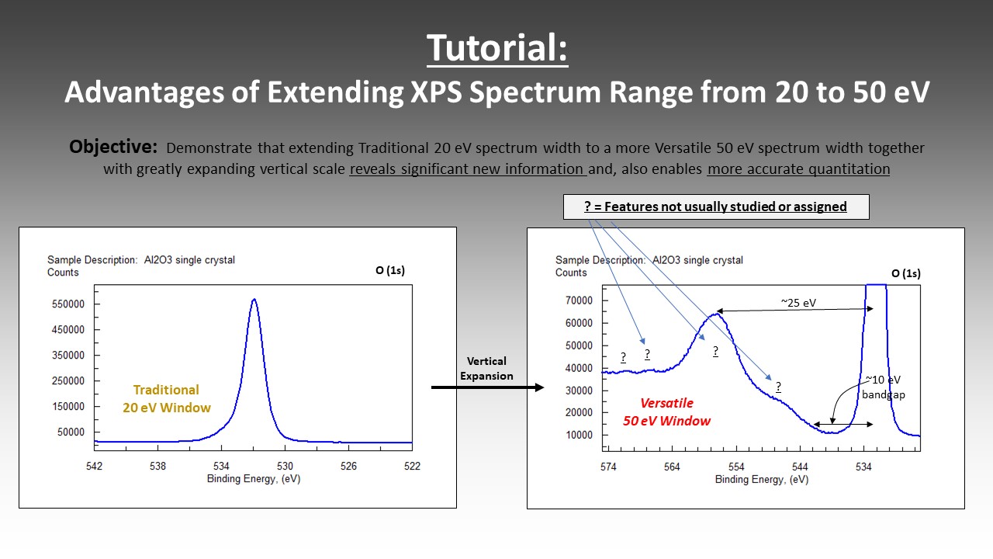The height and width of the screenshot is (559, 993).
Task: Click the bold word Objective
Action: tap(113, 147)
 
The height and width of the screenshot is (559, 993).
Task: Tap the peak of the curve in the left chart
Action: tap(254, 300)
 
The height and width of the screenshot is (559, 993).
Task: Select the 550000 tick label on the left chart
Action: tap(67, 304)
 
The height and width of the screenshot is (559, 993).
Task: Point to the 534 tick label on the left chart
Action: tap(221, 466)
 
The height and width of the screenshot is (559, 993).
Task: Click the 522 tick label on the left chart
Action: tap(412, 466)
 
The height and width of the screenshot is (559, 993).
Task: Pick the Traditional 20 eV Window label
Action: tap(167, 398)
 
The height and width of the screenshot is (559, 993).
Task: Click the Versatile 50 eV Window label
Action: tap(666, 411)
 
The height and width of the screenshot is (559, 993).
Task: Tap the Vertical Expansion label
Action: tap(486, 368)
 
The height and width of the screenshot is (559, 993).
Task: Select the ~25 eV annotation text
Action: tap(798, 303)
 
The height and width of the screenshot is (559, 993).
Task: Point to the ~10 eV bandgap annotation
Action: tap(883, 387)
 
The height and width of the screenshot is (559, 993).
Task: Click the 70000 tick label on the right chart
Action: tap(579, 300)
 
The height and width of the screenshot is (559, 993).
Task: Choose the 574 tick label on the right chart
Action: tap(608, 467)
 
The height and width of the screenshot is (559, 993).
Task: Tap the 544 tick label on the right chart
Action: tap(800, 467)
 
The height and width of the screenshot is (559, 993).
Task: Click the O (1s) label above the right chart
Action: tap(905, 273)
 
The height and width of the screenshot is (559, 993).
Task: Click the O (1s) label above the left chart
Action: tap(390, 270)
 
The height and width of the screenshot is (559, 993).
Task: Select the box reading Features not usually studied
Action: tap(716, 207)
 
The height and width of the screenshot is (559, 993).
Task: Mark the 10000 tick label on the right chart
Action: tap(579, 435)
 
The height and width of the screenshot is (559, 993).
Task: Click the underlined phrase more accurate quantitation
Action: tap(798, 169)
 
